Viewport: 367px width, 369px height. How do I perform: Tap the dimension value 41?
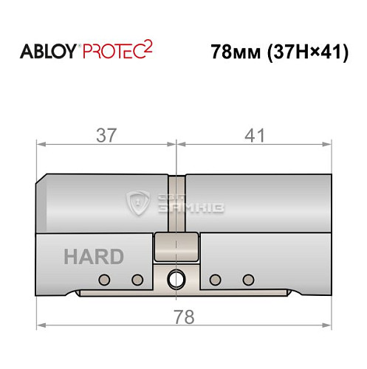tap(253, 135)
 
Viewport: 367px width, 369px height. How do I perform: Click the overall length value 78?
tap(182, 317)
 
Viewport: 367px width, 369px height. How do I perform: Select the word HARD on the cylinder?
tap(94, 257)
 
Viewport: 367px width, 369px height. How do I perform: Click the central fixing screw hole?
tap(177, 280)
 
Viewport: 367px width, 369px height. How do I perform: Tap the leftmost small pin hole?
tap(104, 279)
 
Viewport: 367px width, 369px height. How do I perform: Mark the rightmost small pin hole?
tap(248, 279)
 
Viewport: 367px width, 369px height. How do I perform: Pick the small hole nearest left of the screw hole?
tap(137, 279)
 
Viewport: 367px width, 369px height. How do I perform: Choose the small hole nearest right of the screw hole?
tap(215, 279)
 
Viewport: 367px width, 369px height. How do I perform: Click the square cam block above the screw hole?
tap(177, 246)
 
